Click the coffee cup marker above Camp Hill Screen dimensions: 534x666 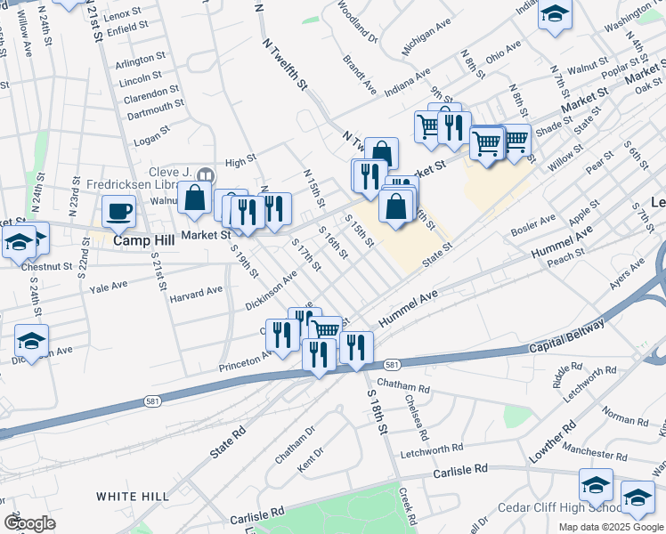click(x=118, y=212)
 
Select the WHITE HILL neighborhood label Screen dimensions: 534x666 click(x=127, y=496)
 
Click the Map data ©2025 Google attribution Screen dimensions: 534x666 click(x=612, y=527)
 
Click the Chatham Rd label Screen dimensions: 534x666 click(x=404, y=388)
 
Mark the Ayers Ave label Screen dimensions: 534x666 click(x=627, y=275)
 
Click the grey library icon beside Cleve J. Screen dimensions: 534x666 click(x=207, y=174)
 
